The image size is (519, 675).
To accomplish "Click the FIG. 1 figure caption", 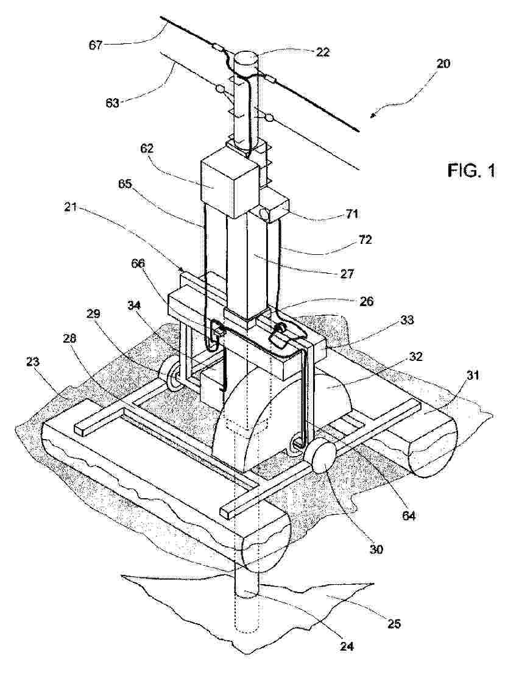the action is (471, 171).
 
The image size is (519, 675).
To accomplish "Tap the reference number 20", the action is (443, 63).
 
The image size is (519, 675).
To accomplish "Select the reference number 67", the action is (96, 45).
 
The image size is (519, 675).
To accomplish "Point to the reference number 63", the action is (113, 103).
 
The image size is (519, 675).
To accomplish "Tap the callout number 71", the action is (351, 213).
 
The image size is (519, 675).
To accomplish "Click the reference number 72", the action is (364, 240).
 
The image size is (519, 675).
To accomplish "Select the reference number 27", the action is (346, 273).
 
